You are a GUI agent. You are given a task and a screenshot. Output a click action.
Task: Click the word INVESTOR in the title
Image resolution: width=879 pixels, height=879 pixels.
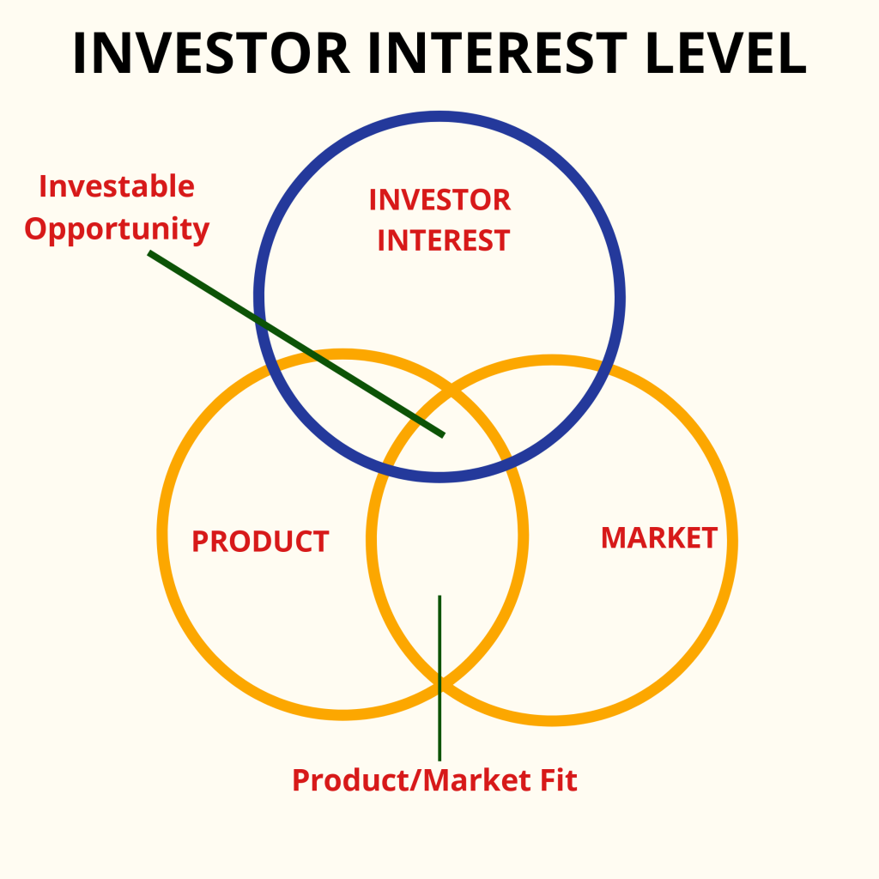point(211,52)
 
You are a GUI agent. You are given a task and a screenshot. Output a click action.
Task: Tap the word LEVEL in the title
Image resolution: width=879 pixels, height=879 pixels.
point(725,52)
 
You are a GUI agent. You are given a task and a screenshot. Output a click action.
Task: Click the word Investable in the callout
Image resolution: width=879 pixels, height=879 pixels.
point(117,186)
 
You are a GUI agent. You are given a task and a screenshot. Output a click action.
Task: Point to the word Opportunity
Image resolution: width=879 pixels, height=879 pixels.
point(117,230)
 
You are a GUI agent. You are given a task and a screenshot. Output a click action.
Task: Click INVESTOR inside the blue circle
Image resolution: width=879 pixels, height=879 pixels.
point(440,200)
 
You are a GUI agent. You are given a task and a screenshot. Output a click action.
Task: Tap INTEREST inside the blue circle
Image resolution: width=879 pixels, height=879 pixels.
point(444,240)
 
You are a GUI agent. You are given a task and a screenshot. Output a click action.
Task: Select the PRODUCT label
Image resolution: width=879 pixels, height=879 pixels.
point(260,542)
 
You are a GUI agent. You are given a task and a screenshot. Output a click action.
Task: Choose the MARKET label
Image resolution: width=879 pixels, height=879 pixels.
point(659,538)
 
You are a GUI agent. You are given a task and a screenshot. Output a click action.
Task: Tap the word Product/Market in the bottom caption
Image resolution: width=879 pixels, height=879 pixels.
point(412,780)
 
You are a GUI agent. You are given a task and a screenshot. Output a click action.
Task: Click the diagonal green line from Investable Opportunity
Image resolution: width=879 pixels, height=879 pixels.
point(296,343)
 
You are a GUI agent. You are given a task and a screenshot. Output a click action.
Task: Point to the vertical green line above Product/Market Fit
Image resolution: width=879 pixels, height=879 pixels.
point(439,678)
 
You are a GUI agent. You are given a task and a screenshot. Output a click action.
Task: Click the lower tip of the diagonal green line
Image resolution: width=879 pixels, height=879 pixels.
point(444,435)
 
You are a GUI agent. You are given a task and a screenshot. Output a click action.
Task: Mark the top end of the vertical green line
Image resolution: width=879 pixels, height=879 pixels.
point(439,596)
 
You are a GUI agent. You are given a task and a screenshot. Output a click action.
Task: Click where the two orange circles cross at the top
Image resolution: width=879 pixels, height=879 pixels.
point(452,391)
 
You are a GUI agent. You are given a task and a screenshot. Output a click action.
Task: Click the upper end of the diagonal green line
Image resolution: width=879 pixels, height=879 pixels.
point(149,253)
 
